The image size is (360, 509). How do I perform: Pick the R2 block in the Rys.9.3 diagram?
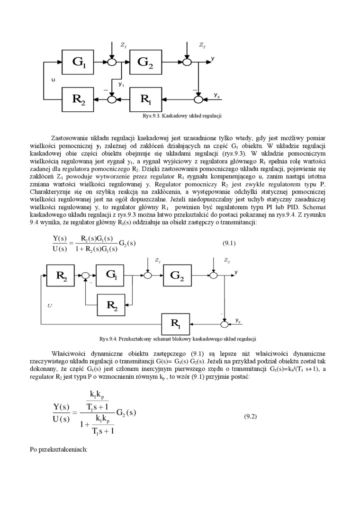(x=79, y=99)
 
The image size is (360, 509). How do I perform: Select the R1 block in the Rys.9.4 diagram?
(x=176, y=324)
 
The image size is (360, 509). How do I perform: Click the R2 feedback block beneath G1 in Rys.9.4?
(x=112, y=305)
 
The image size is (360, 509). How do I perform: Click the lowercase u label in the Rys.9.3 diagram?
(x=53, y=80)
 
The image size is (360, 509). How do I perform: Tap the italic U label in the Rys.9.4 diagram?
(x=49, y=305)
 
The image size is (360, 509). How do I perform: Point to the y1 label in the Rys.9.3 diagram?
(x=121, y=84)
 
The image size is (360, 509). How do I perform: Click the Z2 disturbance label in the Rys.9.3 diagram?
(x=202, y=45)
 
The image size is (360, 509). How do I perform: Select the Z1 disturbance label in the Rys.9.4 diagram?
(x=158, y=261)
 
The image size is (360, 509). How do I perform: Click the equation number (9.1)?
(x=229, y=243)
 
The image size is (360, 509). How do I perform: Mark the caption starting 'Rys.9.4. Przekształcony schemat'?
(x=178, y=339)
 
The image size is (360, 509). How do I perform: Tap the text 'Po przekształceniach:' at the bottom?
(x=58, y=449)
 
